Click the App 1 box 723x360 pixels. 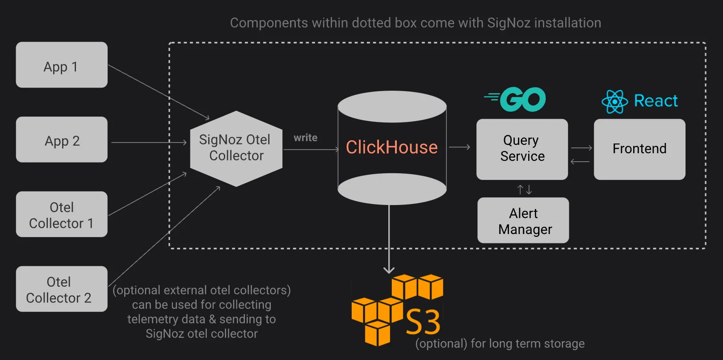point(62,65)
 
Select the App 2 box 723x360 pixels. point(62,139)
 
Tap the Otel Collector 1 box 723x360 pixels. point(62,214)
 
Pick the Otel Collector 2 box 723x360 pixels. point(62,289)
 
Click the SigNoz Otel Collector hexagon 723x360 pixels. point(236,149)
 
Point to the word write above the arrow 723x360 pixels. point(305,138)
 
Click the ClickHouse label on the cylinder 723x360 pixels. point(392,147)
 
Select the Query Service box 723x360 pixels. point(522,149)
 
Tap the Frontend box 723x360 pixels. point(640,149)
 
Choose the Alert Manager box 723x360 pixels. point(523,220)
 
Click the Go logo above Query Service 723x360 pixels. point(515,99)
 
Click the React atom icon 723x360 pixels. point(615,102)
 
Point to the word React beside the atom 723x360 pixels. point(656,100)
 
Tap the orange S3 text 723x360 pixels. point(423,322)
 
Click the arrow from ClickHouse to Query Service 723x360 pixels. point(460,147)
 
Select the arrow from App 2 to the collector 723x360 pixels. point(149,142)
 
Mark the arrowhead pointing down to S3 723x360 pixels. point(389,270)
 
